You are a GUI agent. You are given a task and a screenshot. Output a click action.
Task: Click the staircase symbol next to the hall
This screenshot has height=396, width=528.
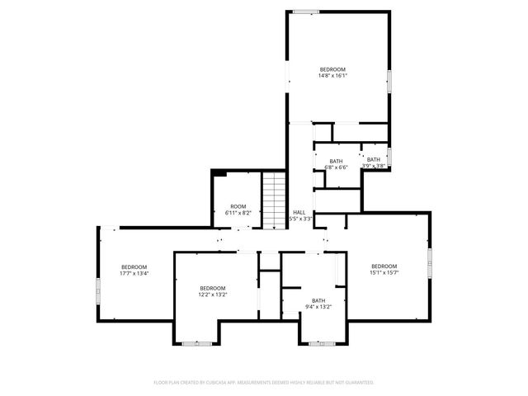click(x=273, y=199)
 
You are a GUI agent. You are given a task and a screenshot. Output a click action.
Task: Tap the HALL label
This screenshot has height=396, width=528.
click(x=299, y=212)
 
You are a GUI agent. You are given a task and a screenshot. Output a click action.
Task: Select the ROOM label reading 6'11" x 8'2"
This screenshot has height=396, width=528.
click(x=238, y=206)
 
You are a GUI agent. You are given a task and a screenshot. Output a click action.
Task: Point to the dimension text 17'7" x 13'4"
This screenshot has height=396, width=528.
click(x=134, y=273)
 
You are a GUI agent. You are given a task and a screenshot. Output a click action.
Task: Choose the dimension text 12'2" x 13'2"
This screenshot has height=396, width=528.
click(x=212, y=295)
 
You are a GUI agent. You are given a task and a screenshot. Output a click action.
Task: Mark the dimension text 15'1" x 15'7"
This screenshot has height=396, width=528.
click(x=384, y=272)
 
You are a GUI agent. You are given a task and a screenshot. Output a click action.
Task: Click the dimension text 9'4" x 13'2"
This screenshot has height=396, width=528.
click(x=318, y=307)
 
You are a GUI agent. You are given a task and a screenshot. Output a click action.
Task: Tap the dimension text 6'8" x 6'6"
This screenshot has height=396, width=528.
click(x=336, y=167)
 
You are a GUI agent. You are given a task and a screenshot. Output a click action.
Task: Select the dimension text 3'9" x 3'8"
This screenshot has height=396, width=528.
click(x=374, y=166)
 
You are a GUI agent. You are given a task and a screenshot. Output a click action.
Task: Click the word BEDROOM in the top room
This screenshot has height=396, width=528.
click(x=332, y=69)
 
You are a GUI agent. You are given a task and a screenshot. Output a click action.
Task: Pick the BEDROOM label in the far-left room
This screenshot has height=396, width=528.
click(x=134, y=266)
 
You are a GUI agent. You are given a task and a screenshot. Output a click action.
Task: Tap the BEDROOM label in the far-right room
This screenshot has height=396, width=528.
click(x=384, y=266)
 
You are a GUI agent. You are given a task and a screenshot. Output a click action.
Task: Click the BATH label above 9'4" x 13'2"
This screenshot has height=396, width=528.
click(x=318, y=300)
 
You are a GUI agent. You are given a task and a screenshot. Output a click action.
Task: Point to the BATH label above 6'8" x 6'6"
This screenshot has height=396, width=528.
click(x=336, y=161)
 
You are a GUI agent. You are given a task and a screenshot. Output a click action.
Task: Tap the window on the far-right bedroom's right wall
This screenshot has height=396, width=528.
click(x=430, y=262)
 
